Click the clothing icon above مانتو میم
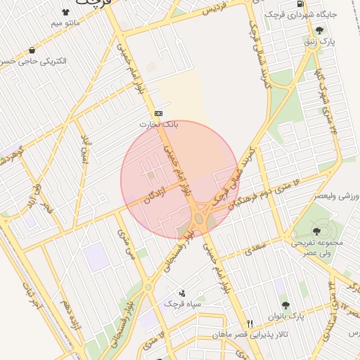click(66, 12)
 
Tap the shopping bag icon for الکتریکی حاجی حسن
click(32, 50)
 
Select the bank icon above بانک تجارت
click(158, 113)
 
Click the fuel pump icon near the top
click(301, 4)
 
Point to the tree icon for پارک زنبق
click(320, 30)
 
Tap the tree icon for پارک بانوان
click(285, 304)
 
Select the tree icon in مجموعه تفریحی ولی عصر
click(314, 230)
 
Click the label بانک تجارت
click(158, 124)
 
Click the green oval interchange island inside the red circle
click(199, 219)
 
